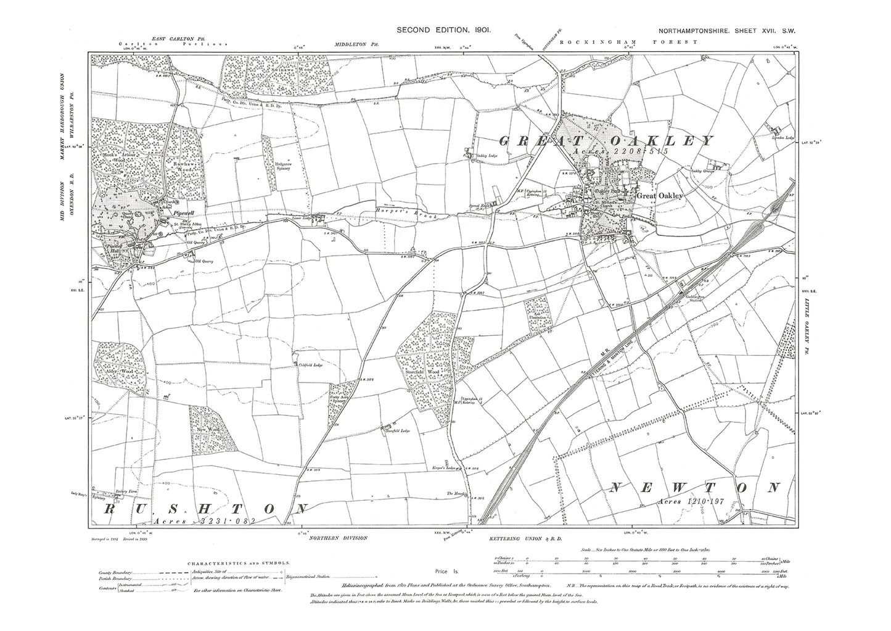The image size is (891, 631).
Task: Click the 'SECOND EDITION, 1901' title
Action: [443, 30]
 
